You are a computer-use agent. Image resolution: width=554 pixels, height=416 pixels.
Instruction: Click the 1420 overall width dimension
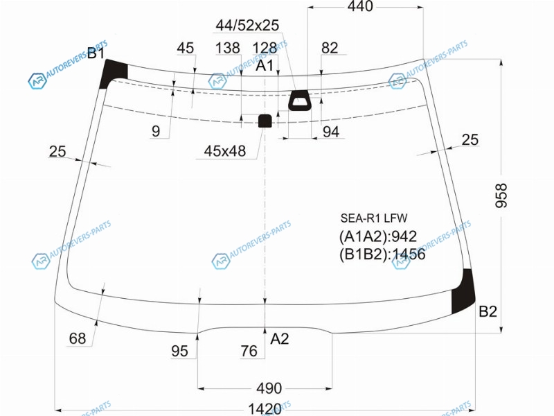(265, 409)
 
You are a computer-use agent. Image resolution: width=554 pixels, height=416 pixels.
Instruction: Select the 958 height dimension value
(501, 196)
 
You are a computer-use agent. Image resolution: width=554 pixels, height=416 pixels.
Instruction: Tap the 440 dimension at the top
(360, 6)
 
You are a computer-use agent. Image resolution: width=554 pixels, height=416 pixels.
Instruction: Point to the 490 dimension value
(269, 388)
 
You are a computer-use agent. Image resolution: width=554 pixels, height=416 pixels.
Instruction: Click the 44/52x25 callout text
(247, 25)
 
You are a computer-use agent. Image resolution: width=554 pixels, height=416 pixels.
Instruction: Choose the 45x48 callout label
(224, 151)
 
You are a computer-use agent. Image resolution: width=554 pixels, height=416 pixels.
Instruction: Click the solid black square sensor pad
(265, 121)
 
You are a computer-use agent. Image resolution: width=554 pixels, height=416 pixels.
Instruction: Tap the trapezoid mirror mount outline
(300, 100)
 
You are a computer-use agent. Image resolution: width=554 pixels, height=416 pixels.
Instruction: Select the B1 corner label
(96, 53)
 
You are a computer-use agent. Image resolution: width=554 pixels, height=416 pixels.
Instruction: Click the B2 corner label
(488, 311)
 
